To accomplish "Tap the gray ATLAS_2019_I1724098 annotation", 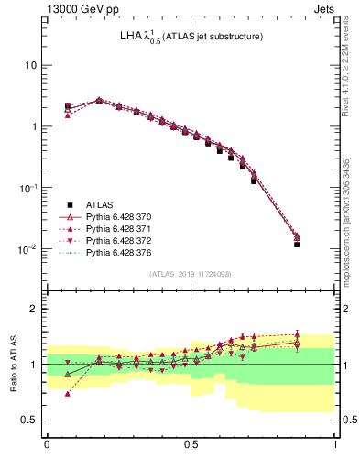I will pyautogui.click(x=191, y=274).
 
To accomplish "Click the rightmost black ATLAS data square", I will pyautogui.click(x=297, y=245).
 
